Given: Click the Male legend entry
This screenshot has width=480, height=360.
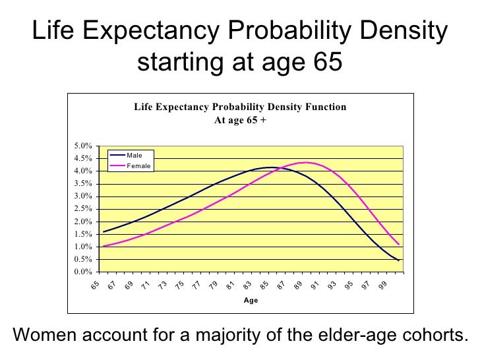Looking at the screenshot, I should click(135, 155).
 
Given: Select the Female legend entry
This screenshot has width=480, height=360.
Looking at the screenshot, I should click(138, 165).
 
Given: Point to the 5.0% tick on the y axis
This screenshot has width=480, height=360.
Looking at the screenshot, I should click(82, 146).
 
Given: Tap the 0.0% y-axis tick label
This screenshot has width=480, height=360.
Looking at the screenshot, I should click(82, 272).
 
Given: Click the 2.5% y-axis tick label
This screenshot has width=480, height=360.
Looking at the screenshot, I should click(82, 209).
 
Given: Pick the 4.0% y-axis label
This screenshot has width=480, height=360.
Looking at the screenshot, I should click(82, 171).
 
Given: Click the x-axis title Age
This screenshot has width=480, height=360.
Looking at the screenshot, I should click(251, 300).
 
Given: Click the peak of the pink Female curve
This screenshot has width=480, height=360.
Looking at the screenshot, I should click(304, 162).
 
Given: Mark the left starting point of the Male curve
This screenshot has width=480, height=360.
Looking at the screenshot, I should click(104, 232).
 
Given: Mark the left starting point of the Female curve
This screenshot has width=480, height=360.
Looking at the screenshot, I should click(104, 246).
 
